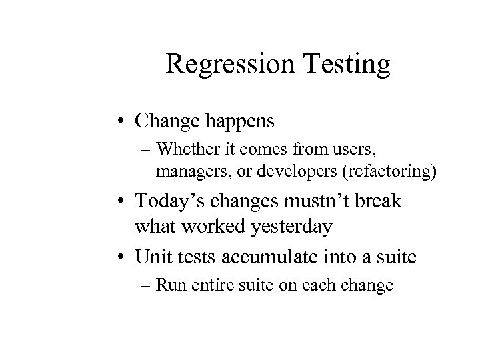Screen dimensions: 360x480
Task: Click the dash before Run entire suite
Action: [145, 286]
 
